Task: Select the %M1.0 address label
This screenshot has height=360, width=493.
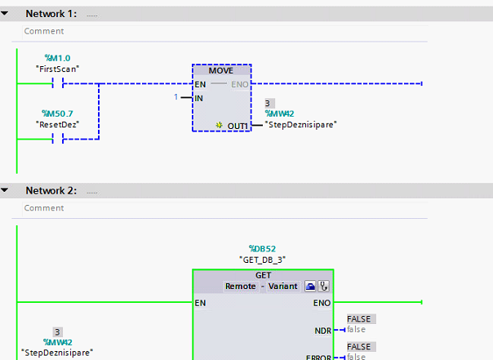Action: pyautogui.click(x=57, y=58)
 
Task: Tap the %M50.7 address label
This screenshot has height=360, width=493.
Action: pyautogui.click(x=56, y=113)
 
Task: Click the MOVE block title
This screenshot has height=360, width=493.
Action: pyautogui.click(x=221, y=71)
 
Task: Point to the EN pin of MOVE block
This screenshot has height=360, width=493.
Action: pyautogui.click(x=200, y=84)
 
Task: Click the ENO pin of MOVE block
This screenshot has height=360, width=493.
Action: pyautogui.click(x=241, y=84)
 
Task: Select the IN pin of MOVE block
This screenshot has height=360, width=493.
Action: pyautogui.click(x=199, y=98)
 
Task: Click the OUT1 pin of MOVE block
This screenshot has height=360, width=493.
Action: pyautogui.click(x=238, y=125)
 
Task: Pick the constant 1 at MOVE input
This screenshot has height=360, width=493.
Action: pyautogui.click(x=175, y=98)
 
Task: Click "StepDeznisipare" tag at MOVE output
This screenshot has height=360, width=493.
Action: pyautogui.click(x=301, y=124)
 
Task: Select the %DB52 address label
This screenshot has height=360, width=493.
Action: pyautogui.click(x=262, y=247)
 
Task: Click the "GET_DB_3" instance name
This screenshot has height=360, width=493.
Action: pyautogui.click(x=262, y=259)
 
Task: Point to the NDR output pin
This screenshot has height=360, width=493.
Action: pyautogui.click(x=323, y=331)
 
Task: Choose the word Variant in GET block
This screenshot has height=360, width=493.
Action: pyautogui.click(x=282, y=287)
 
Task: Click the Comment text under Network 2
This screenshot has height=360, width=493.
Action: pyautogui.click(x=44, y=208)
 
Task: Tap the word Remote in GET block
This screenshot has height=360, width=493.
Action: pyautogui.click(x=241, y=287)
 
